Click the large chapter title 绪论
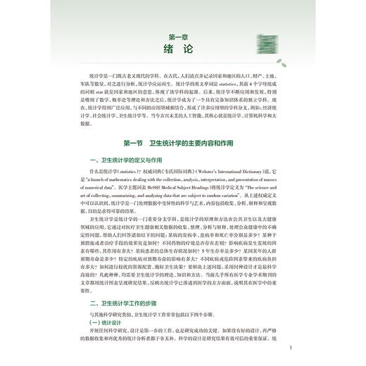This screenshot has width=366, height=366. coord(182,50)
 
